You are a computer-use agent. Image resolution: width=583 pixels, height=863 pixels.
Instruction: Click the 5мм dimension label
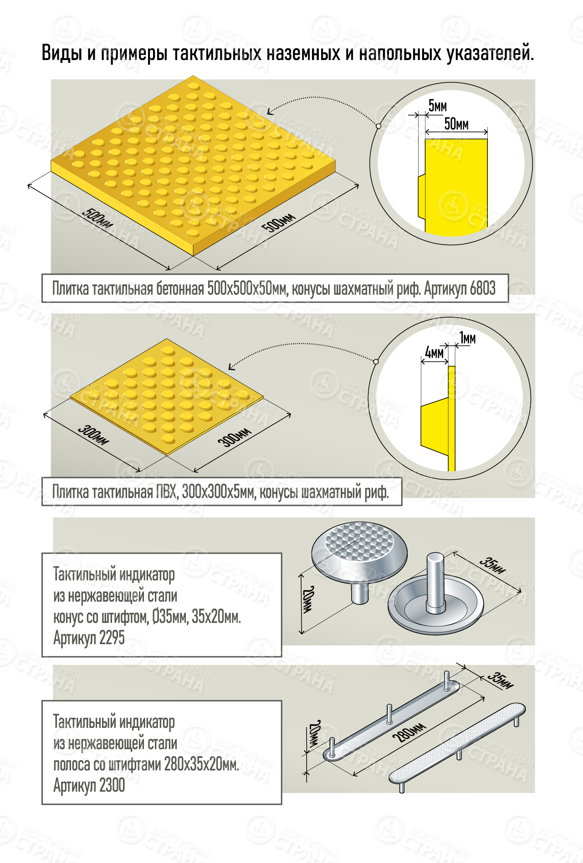pos(438,106)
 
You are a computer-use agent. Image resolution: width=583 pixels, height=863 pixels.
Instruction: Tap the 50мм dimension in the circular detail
pos(456,123)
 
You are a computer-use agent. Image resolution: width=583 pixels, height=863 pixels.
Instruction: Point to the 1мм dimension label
pos(467,338)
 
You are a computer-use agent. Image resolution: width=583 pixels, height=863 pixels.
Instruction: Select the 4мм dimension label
pos(434,352)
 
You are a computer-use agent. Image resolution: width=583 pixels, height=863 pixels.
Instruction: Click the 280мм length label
pos(411,732)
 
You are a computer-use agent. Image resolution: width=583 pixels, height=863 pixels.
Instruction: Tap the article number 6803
pos(482,288)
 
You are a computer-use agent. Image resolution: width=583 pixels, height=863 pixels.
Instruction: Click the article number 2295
pos(112,638)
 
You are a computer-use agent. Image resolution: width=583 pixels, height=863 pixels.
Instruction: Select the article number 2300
pos(112,785)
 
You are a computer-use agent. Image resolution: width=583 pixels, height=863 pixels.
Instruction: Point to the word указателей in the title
pos(490,53)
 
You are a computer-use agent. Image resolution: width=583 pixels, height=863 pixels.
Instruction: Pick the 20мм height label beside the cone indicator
pos(309,599)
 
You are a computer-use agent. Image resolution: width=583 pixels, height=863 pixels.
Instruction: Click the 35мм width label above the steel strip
pos(501,680)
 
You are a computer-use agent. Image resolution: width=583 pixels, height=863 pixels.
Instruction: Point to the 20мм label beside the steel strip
pos(314,733)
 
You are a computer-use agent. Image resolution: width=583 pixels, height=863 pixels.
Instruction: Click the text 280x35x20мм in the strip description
pos(202,764)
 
